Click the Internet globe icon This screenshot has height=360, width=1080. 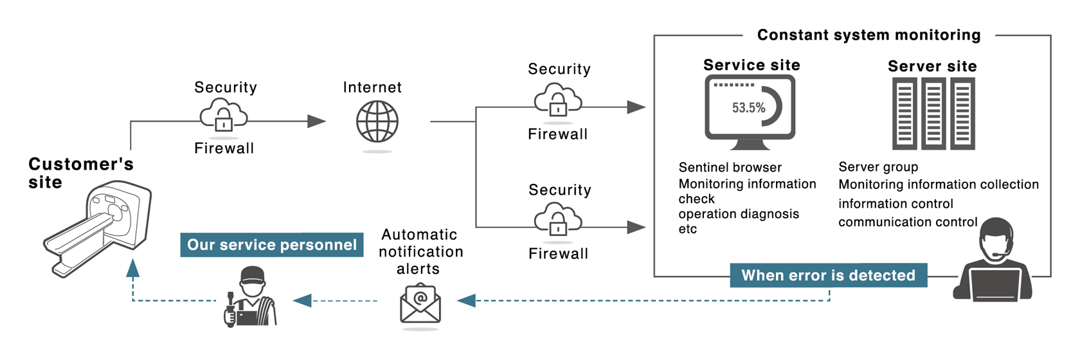click(377, 122)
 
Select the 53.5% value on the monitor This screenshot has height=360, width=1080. click(748, 107)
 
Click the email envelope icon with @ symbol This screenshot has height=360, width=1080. click(420, 303)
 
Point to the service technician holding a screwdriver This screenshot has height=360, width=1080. click(250, 297)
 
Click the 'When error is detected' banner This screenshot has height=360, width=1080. click(828, 275)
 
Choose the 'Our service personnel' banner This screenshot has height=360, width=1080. click(271, 245)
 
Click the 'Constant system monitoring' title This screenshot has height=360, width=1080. click(869, 35)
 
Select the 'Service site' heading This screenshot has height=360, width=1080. click(751, 65)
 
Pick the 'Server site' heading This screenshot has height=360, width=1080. click(932, 66)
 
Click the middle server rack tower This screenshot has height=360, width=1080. click(933, 114)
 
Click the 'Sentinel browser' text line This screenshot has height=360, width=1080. click(730, 167)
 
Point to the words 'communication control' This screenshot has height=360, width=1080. click(907, 222)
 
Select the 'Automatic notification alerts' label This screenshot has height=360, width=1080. click(420, 251)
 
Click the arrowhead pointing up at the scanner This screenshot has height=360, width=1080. click(133, 267)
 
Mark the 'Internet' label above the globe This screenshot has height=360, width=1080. click(372, 87)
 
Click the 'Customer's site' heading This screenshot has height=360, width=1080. click(80, 173)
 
